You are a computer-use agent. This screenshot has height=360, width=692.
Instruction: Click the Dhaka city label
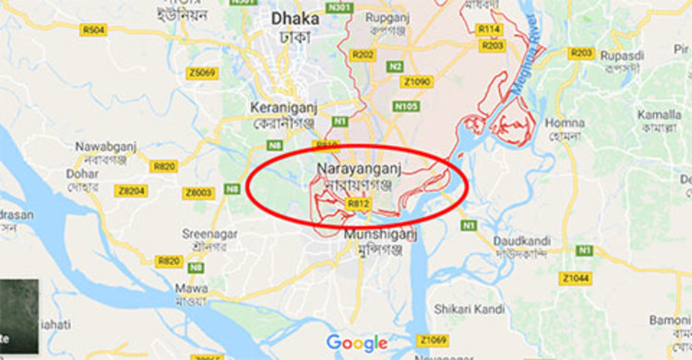(293, 18)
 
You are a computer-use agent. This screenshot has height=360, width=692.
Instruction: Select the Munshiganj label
(380, 234)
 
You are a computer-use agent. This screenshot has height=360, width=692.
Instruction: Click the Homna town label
(564, 124)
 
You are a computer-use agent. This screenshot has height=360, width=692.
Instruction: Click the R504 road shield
(94, 30)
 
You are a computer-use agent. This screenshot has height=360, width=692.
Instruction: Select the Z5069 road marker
(201, 73)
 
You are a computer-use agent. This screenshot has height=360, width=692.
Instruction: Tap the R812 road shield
(359, 203)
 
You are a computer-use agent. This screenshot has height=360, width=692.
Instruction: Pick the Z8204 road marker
(132, 191)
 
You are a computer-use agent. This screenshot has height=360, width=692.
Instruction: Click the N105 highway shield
(406, 106)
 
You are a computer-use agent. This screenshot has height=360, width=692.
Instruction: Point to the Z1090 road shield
(417, 81)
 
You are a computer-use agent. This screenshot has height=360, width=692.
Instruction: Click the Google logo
(356, 342)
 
